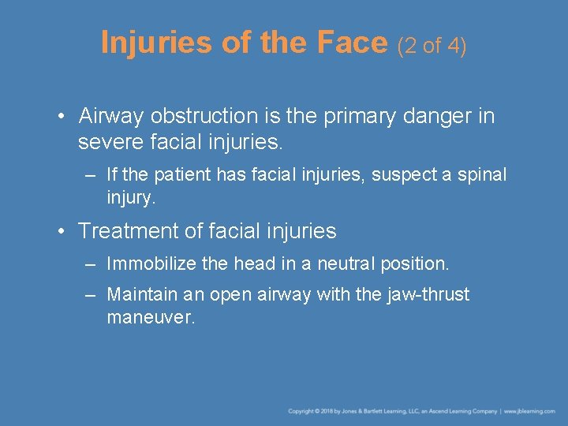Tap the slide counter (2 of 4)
tap(432, 46)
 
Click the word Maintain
tap(140, 295)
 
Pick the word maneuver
tap(150, 318)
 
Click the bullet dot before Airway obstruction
tap(61, 117)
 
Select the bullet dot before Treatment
tap(61, 231)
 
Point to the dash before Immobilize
tap(91, 264)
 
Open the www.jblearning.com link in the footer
tap(531, 411)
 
